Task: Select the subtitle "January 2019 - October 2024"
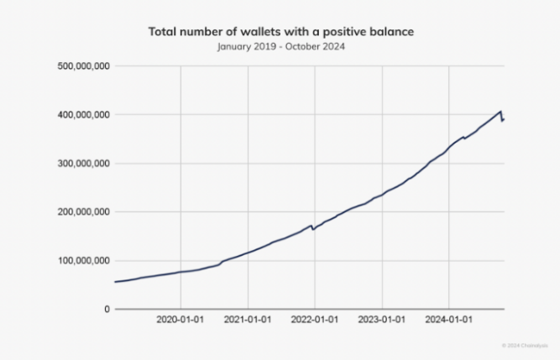(x=280, y=47)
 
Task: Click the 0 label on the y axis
(x=106, y=310)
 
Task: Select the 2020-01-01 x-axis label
(x=181, y=320)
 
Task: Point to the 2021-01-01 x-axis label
(x=248, y=320)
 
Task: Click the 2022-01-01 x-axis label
(x=315, y=320)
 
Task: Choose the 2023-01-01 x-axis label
(x=382, y=320)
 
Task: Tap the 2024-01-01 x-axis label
(x=449, y=320)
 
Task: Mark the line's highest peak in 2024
(x=501, y=112)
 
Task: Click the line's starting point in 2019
(x=115, y=282)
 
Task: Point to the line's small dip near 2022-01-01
(x=313, y=229)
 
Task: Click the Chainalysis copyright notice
(x=525, y=344)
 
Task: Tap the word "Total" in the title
(x=164, y=32)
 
